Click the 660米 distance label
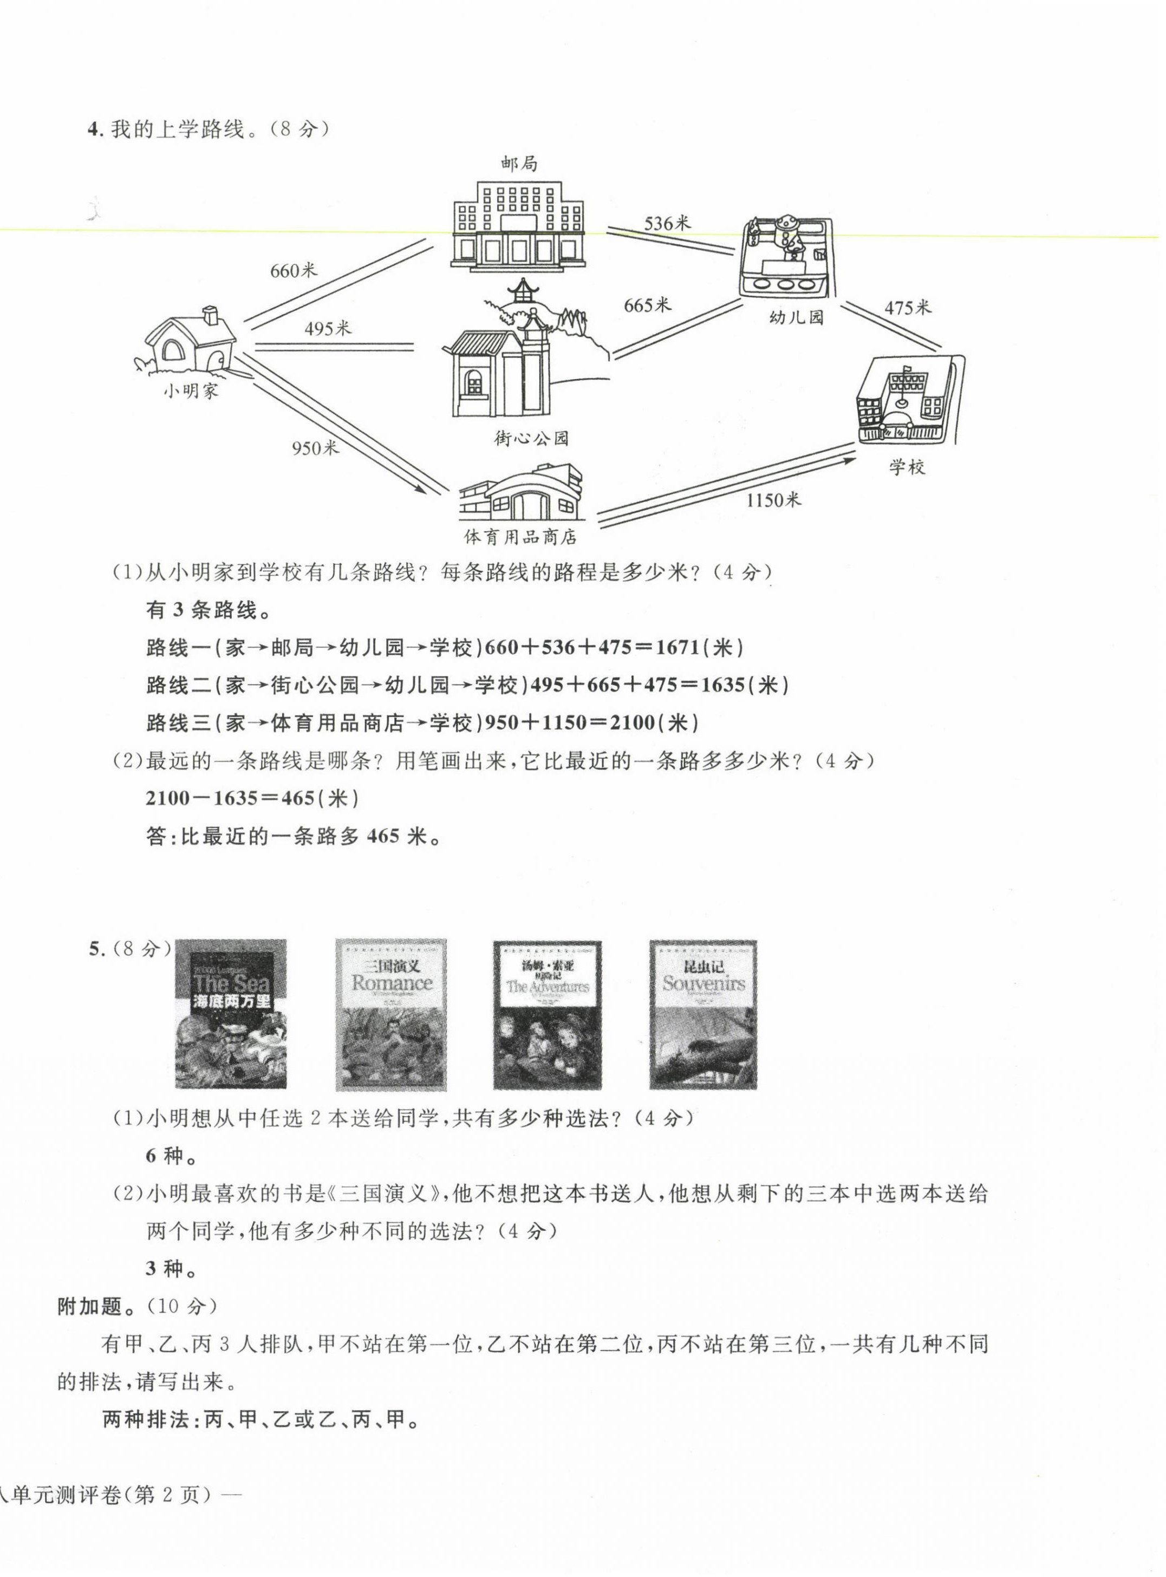[294, 270]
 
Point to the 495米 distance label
[328, 328]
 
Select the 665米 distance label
[647, 305]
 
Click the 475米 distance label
[908, 308]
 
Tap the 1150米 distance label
[773, 500]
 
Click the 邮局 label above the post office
[519, 164]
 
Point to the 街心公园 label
[531, 438]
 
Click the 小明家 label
[191, 391]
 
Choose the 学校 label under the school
[907, 467]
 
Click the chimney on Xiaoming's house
[210, 315]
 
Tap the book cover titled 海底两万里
[231, 1014]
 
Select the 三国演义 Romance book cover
[391, 1014]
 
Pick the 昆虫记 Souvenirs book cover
[703, 1014]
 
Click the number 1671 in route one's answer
[678, 647]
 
